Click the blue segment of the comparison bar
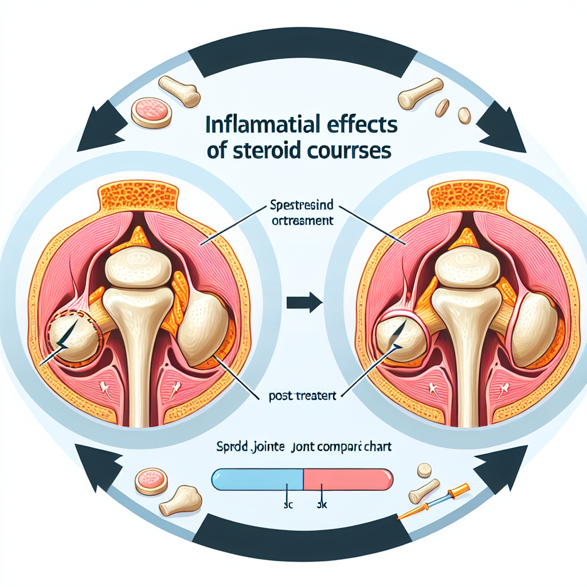pyautogui.click(x=257, y=478)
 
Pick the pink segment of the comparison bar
pyautogui.click(x=347, y=478)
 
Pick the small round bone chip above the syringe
pyautogui.click(x=424, y=470)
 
